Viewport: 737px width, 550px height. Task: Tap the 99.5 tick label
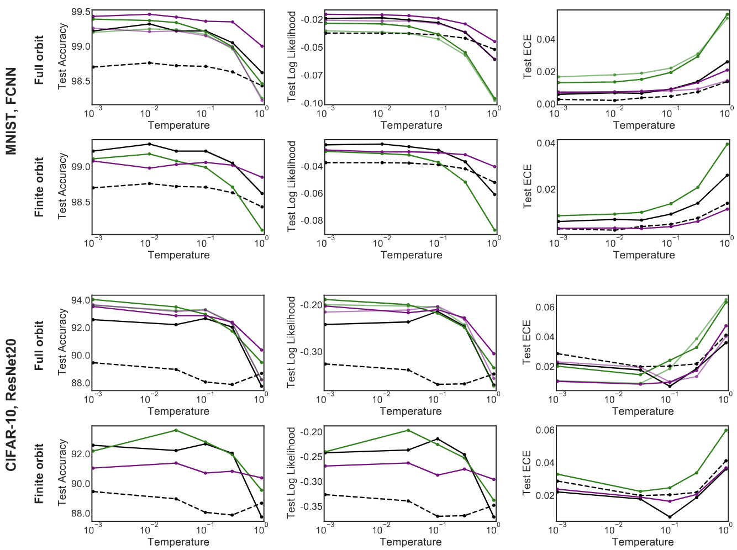(x=81, y=12)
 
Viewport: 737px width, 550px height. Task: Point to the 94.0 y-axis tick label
(x=81, y=300)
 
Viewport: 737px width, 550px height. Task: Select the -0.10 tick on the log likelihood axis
(x=313, y=103)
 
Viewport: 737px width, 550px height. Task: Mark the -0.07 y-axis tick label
(x=313, y=75)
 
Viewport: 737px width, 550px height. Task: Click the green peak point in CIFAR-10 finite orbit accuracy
(x=176, y=430)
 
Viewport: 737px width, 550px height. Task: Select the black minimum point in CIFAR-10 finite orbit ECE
(x=670, y=517)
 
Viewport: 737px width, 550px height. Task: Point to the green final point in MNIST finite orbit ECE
(x=727, y=144)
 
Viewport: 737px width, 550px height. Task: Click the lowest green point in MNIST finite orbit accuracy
(x=262, y=230)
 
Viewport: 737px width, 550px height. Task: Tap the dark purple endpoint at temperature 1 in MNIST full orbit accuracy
(x=262, y=46)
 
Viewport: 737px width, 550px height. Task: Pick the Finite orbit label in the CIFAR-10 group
(x=39, y=473)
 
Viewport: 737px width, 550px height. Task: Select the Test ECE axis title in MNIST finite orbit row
(x=528, y=186)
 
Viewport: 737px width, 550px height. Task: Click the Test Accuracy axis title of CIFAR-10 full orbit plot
(x=62, y=342)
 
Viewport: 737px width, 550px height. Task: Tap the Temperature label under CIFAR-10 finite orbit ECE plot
(x=643, y=542)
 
